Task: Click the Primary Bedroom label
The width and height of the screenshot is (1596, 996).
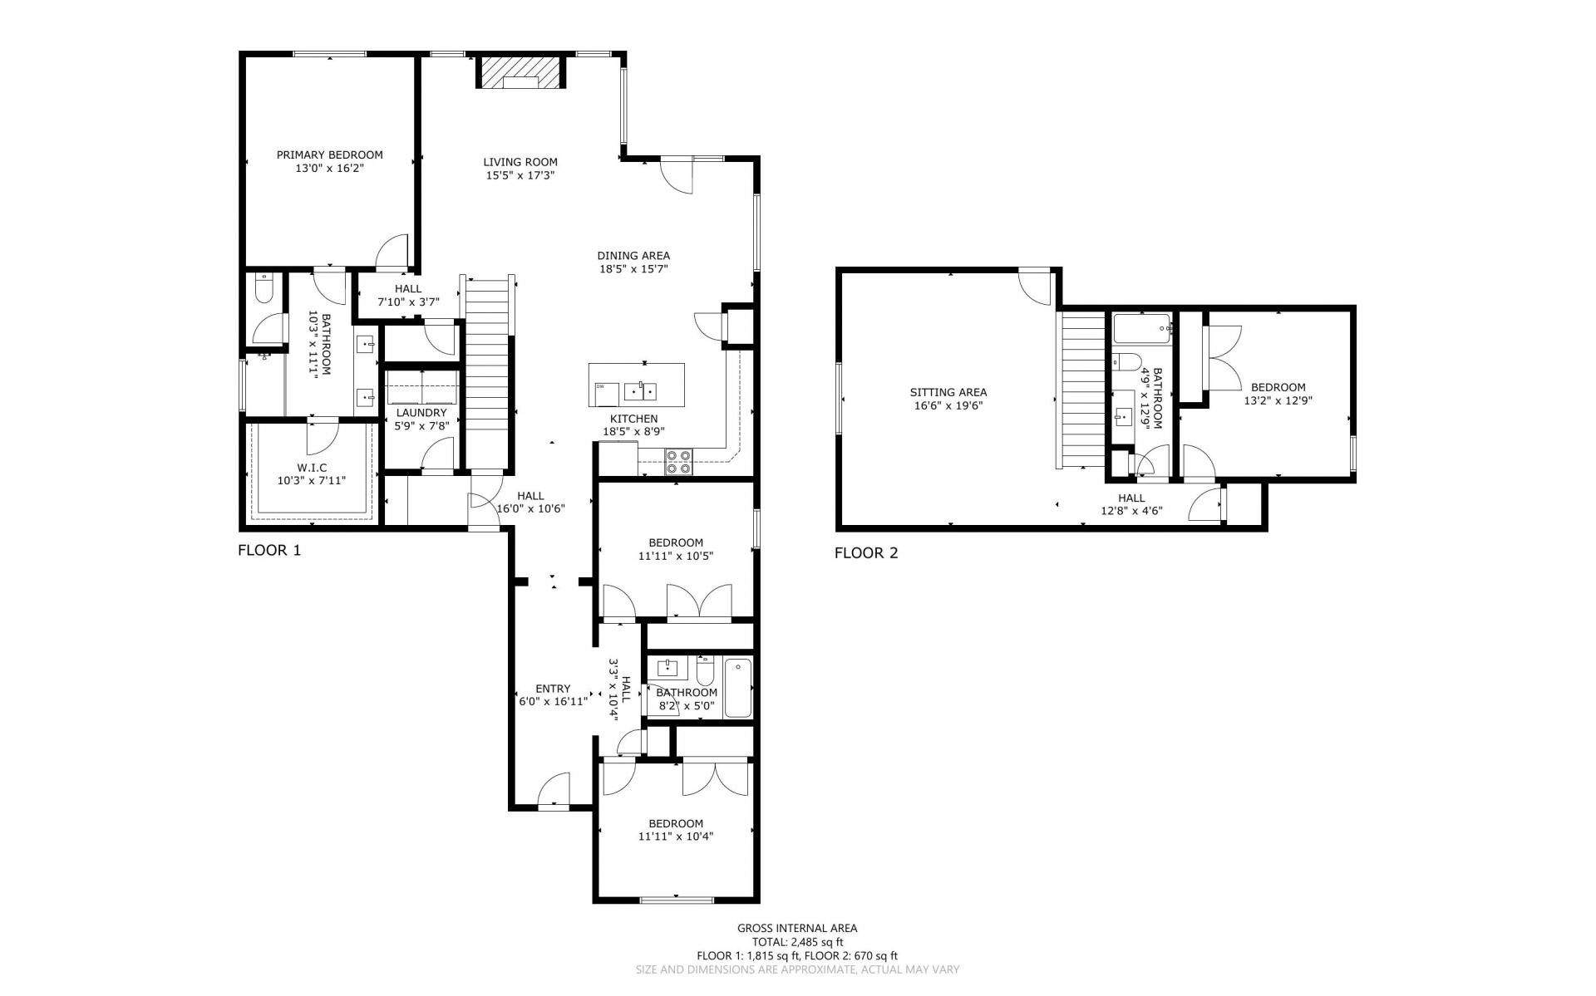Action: click(x=329, y=155)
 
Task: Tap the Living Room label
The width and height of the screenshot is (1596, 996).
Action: click(x=520, y=162)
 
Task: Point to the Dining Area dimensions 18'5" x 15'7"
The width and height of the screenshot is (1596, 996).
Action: click(x=633, y=269)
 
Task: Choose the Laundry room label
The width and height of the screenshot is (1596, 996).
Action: click(x=421, y=413)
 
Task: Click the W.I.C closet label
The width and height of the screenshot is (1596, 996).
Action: click(x=312, y=469)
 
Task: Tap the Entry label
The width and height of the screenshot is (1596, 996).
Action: click(x=553, y=689)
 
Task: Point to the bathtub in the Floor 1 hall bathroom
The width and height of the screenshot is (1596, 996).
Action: click(x=737, y=688)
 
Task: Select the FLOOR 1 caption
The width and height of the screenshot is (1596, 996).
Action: click(x=269, y=550)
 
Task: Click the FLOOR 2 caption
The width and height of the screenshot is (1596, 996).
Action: click(x=866, y=553)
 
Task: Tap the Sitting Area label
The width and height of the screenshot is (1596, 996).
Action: click(x=948, y=393)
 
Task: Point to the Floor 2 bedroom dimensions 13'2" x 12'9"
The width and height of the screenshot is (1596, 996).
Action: click(x=1278, y=400)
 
